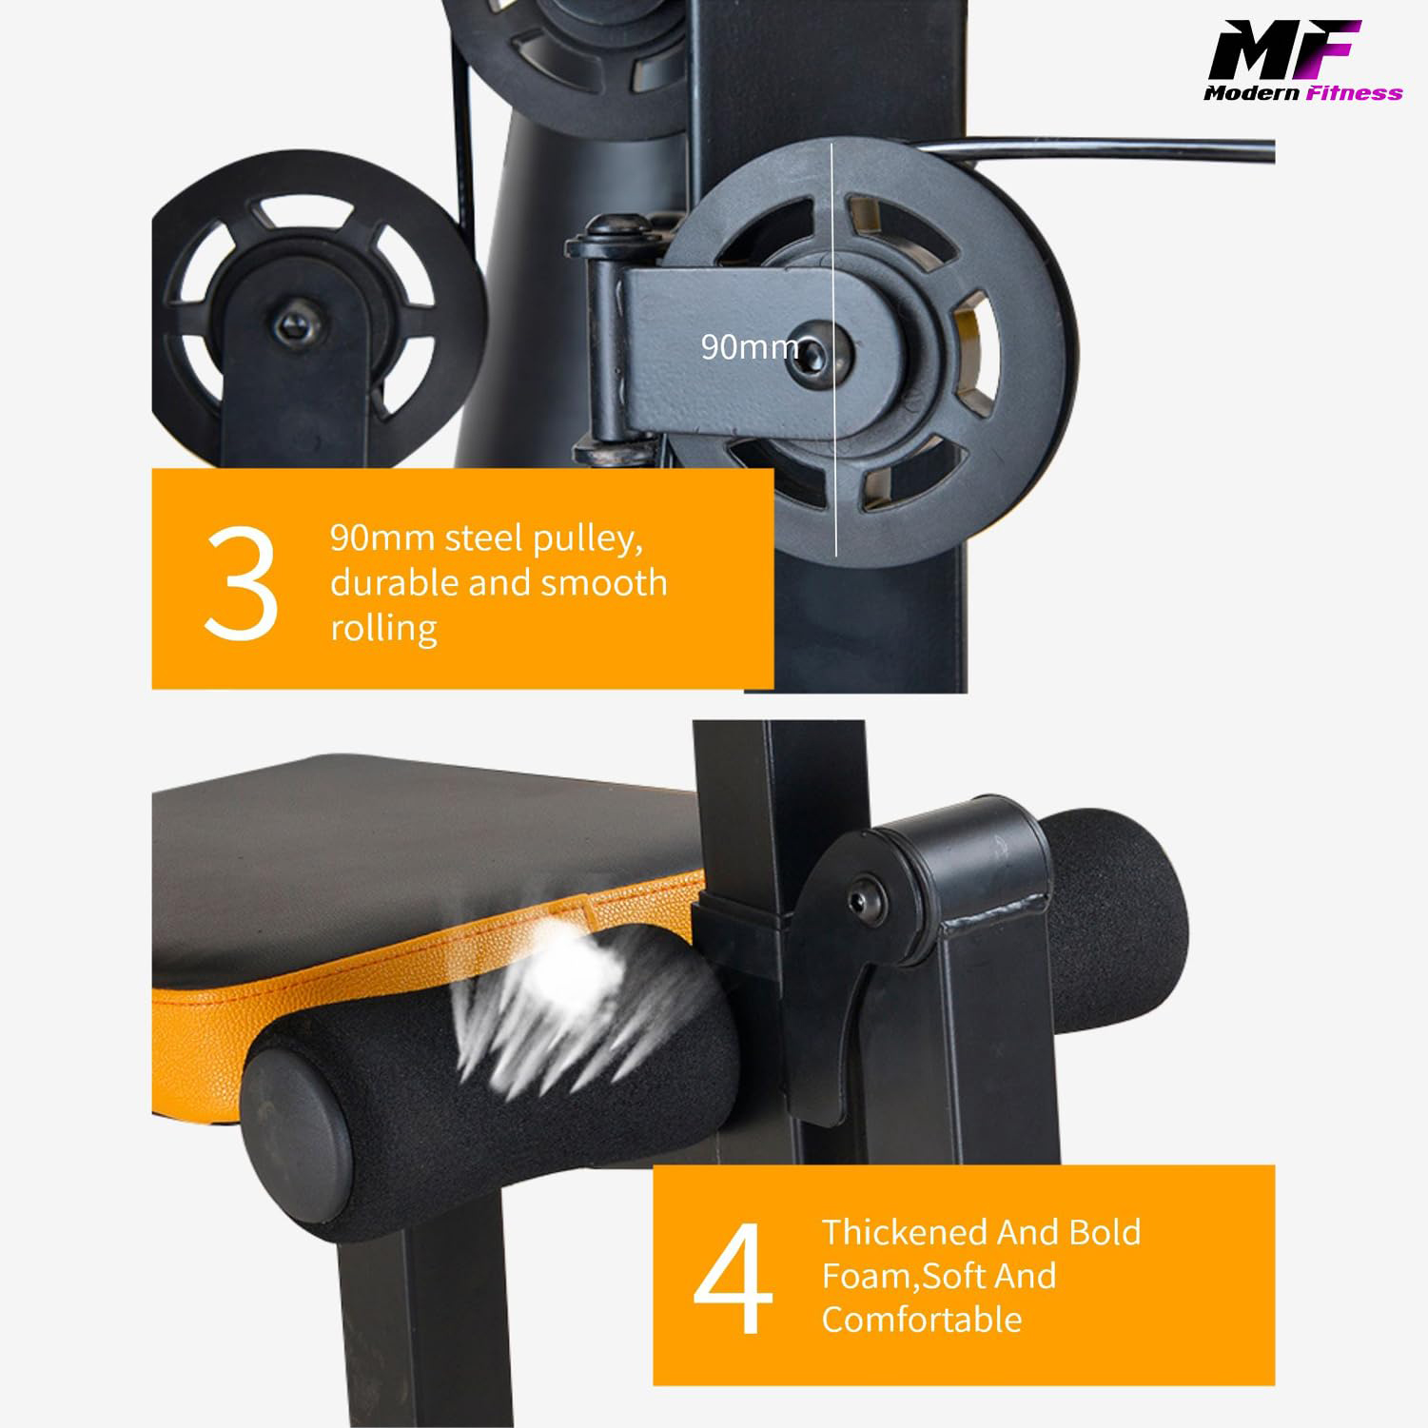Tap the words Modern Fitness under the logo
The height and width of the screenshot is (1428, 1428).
pos(1301,93)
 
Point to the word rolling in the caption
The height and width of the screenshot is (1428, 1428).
pos(383,628)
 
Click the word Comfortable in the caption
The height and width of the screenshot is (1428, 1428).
pos(921,1320)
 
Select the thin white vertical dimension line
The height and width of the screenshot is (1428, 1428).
pos(834,476)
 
